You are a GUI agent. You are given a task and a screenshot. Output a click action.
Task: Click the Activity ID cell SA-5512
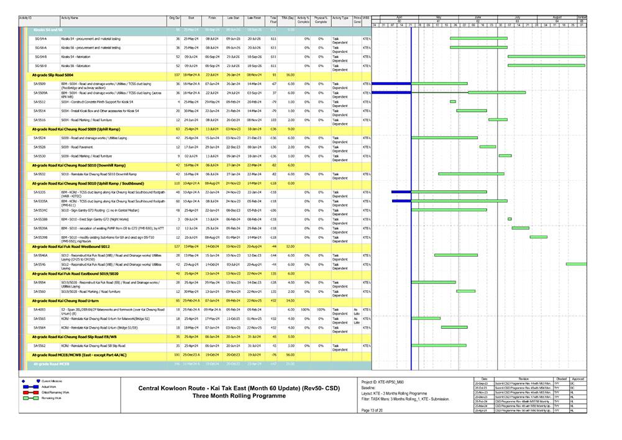pos(39,101)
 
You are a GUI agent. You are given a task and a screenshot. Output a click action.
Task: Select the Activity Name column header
pos(70,19)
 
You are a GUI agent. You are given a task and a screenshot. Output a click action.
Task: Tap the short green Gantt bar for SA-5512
pos(452,101)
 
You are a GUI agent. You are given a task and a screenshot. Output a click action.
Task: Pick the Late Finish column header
pos(254,19)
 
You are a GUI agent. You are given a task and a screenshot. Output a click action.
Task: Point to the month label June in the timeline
pos(478,17)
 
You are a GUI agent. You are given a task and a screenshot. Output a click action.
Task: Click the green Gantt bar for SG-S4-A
pos(478,38)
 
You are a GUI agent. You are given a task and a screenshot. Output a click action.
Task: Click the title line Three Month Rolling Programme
pos(232,396)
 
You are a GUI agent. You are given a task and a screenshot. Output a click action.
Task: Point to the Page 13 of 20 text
pos(373,410)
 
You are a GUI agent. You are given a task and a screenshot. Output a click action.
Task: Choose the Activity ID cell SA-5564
pos(39,327)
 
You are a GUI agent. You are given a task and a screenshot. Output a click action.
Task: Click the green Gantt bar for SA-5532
pos(470,174)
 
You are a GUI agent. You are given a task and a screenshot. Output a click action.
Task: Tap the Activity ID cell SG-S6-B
pos(40,65)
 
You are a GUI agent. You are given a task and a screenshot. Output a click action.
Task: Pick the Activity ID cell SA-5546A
pos(40,255)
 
